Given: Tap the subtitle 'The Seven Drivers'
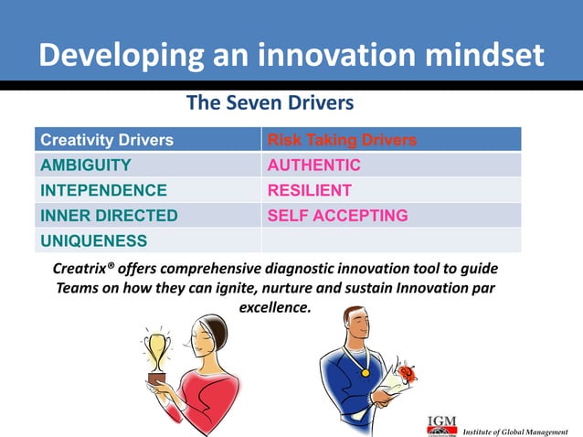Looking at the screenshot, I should click(x=269, y=103).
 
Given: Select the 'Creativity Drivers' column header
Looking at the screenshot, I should click(x=107, y=140).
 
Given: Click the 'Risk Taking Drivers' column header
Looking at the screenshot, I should click(x=342, y=140).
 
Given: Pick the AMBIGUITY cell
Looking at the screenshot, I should click(x=86, y=165).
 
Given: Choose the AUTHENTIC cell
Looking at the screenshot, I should click(x=313, y=165).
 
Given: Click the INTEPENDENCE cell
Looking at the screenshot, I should click(x=103, y=190).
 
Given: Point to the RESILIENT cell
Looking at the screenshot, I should click(x=309, y=190).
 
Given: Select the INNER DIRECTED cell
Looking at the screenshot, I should click(x=109, y=216).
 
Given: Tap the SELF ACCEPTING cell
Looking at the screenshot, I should click(x=337, y=216).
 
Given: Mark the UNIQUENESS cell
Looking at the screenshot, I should click(x=93, y=240).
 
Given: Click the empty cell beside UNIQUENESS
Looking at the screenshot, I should click(x=391, y=240).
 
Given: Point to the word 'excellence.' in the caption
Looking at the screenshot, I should click(x=275, y=308).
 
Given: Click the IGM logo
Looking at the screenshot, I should click(x=441, y=425).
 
